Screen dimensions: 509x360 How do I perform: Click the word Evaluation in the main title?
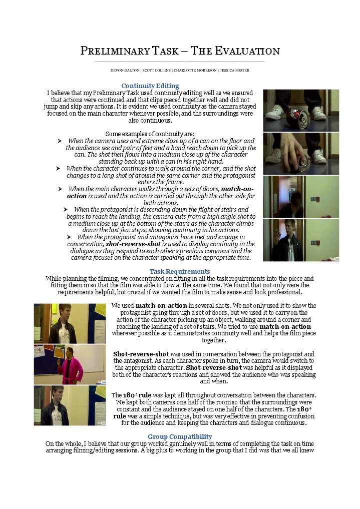[247, 51]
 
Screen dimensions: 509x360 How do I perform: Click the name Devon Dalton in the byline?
[125, 71]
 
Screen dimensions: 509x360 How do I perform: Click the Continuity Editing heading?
[150, 86]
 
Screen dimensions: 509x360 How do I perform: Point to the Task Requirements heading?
[180, 271]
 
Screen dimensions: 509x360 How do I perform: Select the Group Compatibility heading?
[180, 436]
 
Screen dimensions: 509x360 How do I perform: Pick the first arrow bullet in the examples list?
[60, 141]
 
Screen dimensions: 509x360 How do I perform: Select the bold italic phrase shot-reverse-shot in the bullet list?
[133, 244]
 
